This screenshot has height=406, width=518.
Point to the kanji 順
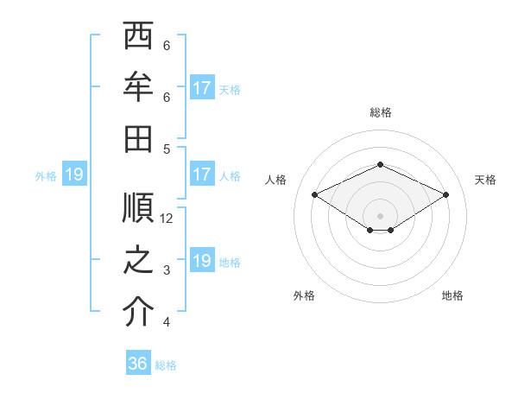pos(139,208)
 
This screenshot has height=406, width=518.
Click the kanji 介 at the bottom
pos(139,312)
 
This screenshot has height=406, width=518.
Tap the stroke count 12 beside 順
pos(167,219)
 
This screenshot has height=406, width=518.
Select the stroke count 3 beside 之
pos(167,270)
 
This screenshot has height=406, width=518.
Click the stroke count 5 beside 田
pos(167,149)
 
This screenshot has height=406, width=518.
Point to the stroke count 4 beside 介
pos(167,323)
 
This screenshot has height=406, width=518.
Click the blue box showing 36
pos(138,364)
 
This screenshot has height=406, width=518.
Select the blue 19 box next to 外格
pos(73,175)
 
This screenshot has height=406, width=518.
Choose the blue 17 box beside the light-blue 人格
pos(201,174)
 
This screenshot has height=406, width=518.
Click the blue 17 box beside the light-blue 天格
pos(201,88)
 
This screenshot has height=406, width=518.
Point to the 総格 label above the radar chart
pos(380,113)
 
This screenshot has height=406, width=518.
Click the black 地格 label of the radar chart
pos(452,295)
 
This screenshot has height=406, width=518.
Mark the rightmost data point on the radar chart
pos(445,195)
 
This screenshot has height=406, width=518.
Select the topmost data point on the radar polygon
pos(380,164)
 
